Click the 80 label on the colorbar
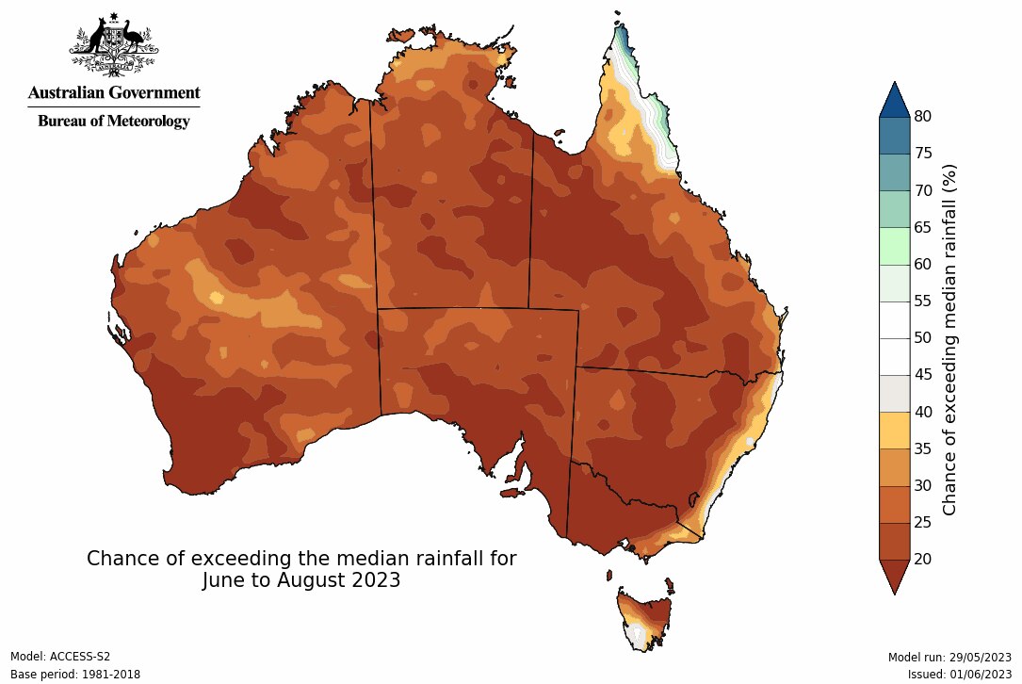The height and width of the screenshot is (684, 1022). tap(923, 117)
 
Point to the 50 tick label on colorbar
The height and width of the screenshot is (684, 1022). tap(923, 338)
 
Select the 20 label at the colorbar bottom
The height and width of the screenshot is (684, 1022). tap(923, 559)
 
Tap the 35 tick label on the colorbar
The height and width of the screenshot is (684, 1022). tap(923, 448)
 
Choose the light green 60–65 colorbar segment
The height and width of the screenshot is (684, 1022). tap(894, 246)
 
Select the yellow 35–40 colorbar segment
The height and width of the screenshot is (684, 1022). tap(894, 431)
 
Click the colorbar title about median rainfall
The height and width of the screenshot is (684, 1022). tap(949, 338)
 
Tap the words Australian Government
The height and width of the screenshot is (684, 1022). tap(114, 92)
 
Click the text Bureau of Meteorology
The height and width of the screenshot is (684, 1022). tap(114, 121)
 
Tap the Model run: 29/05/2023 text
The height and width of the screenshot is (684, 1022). tap(949, 657)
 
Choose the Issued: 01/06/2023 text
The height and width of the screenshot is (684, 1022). tap(959, 675)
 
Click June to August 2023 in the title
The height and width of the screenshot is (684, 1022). tap(301, 580)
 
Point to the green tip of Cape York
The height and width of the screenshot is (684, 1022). tap(623, 40)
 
